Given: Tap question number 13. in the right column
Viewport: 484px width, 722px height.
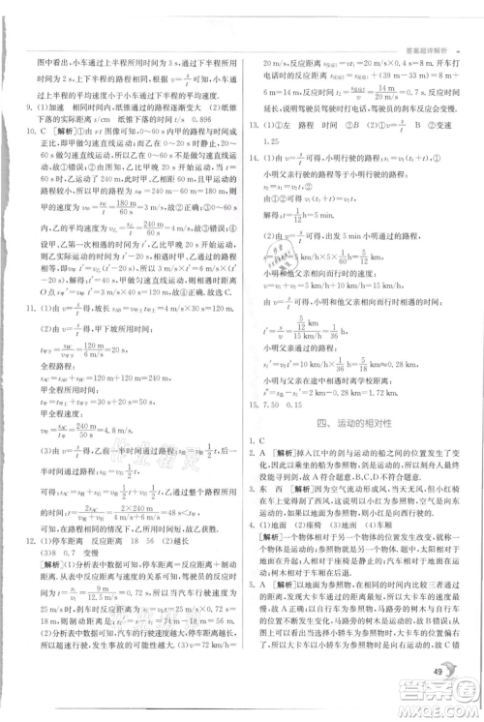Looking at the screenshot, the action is click(x=254, y=124).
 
